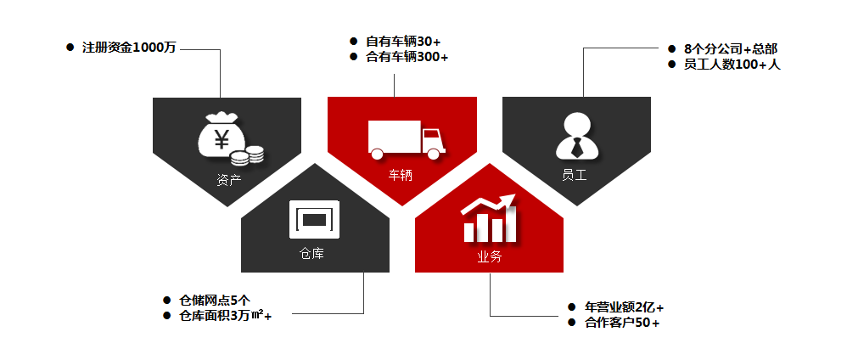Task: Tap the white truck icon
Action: [407, 139]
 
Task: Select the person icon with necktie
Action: [577, 136]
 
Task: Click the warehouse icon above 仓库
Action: [314, 219]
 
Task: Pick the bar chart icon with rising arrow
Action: [490, 218]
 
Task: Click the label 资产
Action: [228, 180]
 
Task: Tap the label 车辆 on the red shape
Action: [401, 175]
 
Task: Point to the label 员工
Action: [575, 175]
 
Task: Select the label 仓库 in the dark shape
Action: [311, 254]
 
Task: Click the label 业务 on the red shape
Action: [490, 257]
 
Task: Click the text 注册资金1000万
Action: [129, 48]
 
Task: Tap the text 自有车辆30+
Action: [403, 42]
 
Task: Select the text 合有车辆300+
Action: [407, 57]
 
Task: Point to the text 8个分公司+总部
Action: [731, 49]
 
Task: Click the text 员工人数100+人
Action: [732, 65]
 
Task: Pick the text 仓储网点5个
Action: [215, 301]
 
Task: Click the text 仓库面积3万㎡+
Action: [225, 316]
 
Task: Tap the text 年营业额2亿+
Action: [624, 307]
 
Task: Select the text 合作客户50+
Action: [622, 323]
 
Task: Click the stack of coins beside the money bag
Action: [247, 156]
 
